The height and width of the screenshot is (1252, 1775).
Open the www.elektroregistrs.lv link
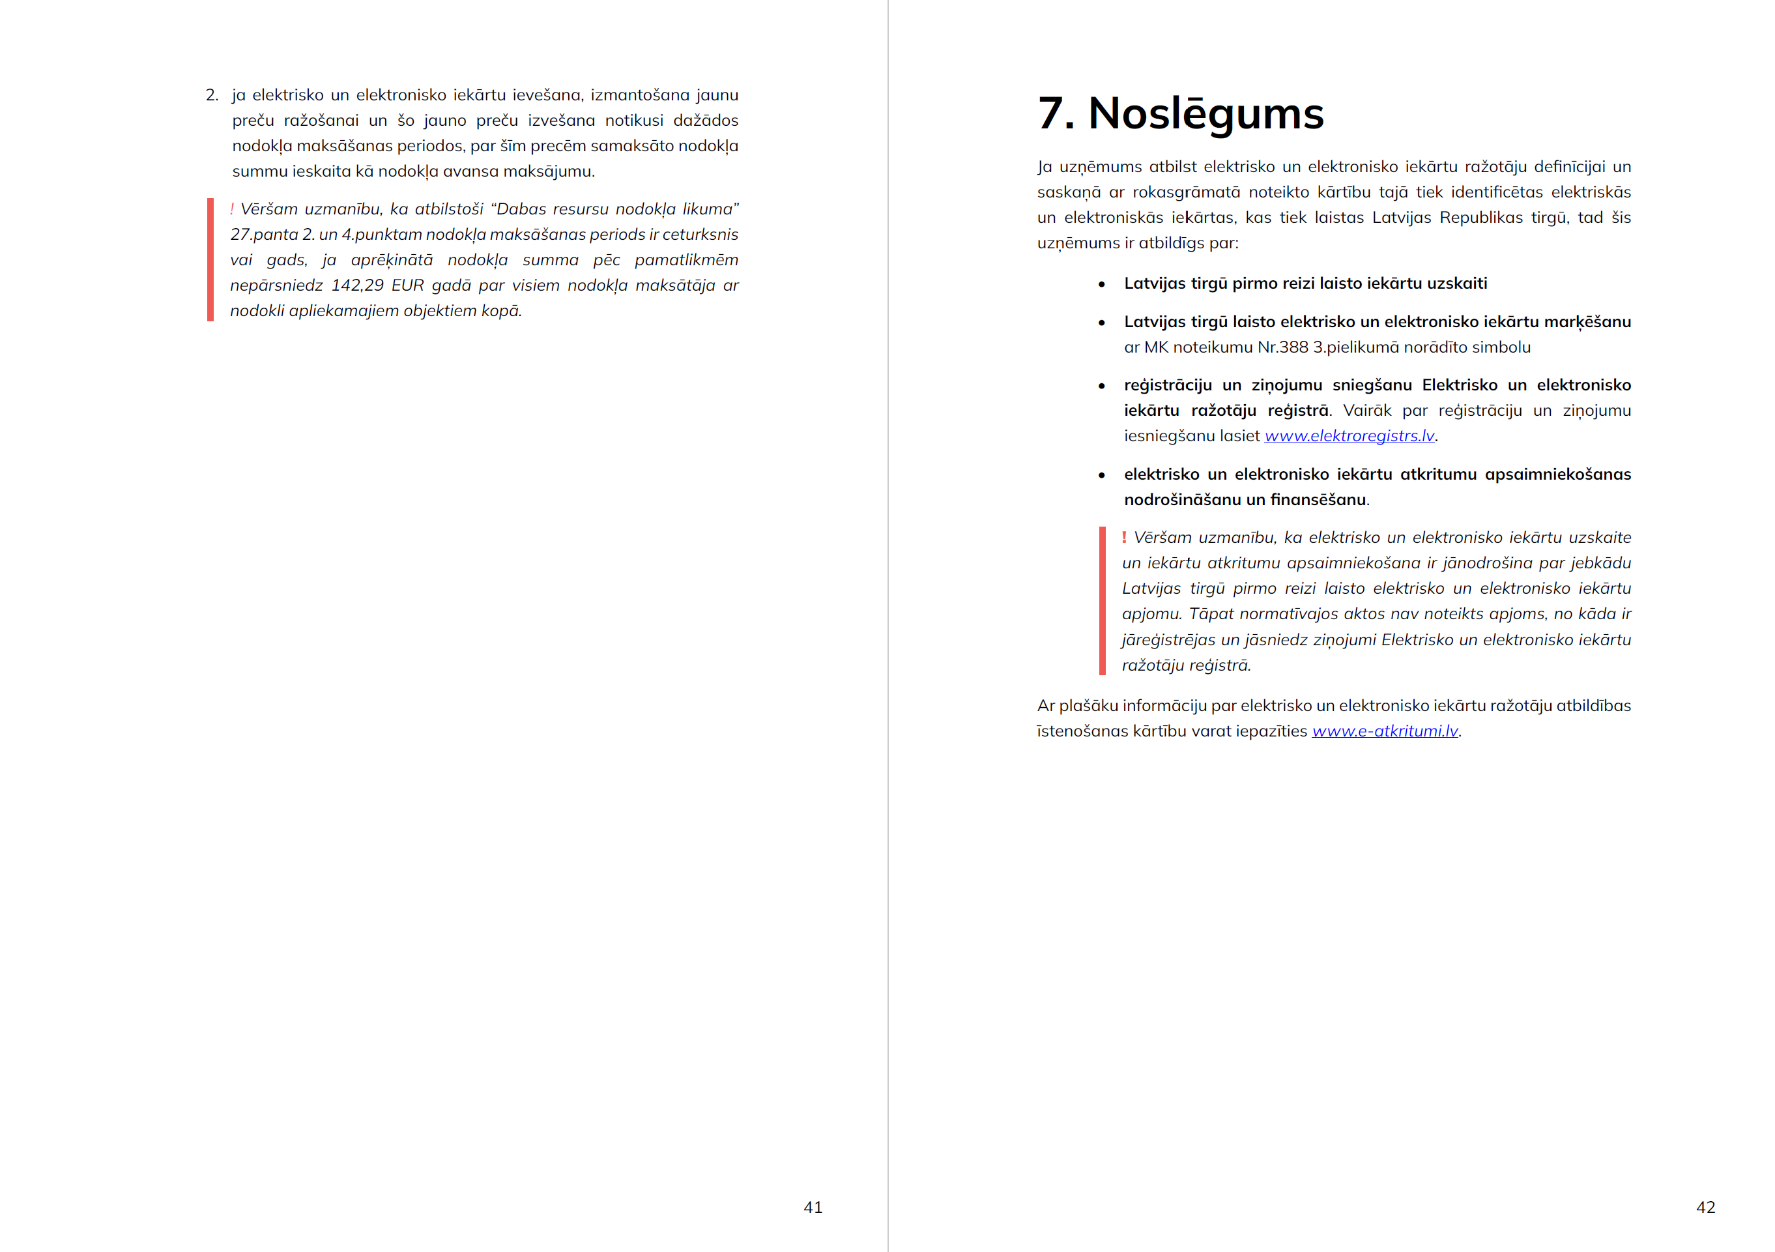(x=1349, y=436)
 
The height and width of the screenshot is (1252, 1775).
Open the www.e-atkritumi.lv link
(x=1385, y=731)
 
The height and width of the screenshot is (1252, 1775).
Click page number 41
(x=813, y=1207)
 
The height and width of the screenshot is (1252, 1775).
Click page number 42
(x=1705, y=1207)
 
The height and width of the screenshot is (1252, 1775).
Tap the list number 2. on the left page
(x=212, y=95)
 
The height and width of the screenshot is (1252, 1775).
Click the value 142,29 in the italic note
(x=357, y=285)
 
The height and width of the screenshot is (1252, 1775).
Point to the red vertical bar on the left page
(x=210, y=260)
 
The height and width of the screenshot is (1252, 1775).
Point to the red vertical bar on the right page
(x=1103, y=601)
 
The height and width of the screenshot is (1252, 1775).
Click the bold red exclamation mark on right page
(x=1124, y=536)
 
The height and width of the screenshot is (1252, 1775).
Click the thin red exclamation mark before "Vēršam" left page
(x=232, y=209)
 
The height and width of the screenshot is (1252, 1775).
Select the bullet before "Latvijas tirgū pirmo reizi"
(x=1102, y=285)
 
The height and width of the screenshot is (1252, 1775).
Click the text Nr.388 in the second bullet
(x=1282, y=347)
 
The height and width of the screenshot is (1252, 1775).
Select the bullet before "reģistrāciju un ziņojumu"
(x=1102, y=386)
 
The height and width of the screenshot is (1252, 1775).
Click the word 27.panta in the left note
(x=264, y=235)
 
